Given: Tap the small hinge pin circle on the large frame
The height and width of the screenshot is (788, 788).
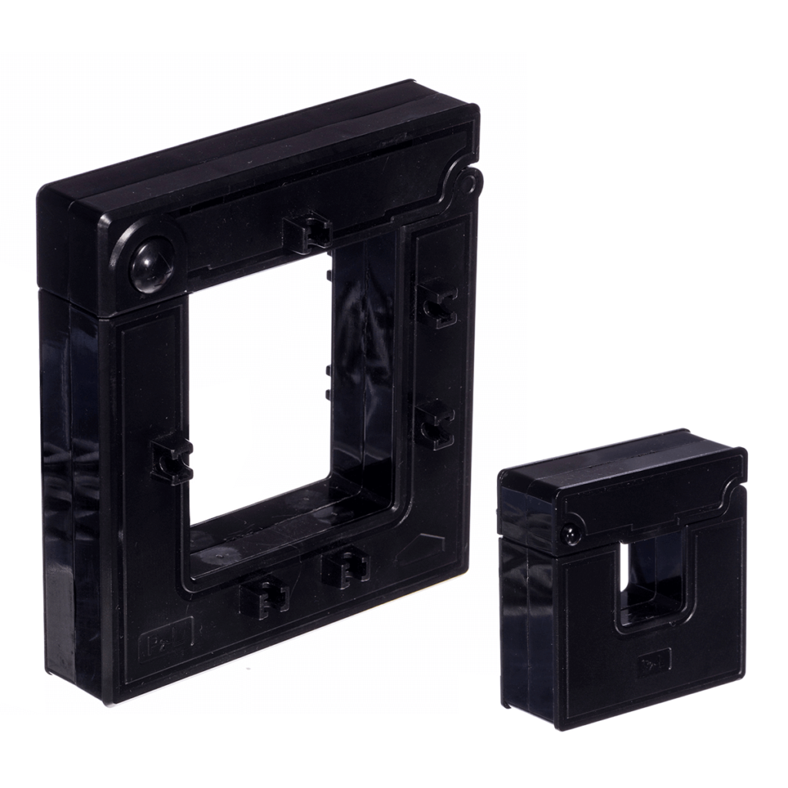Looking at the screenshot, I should coord(467,184).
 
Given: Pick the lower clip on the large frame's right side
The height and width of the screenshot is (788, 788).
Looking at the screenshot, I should coord(436,422).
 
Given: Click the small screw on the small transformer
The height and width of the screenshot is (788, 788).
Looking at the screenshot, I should coord(571,533).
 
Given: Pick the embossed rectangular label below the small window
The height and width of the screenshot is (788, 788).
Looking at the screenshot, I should coord(654,660).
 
